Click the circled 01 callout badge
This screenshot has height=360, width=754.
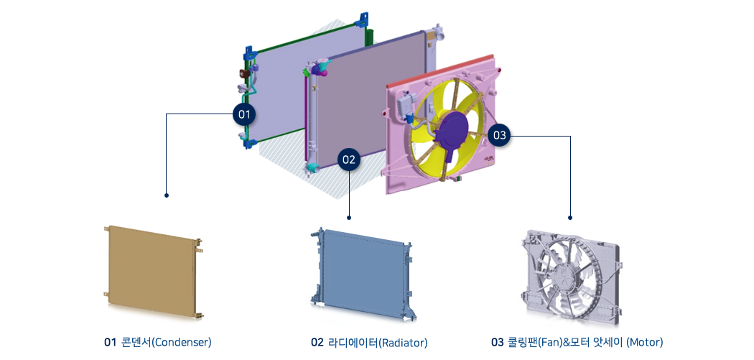pyautogui.click(x=244, y=114)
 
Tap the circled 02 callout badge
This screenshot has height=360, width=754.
pyautogui.click(x=349, y=160)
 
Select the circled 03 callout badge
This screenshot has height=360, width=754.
pyautogui.click(x=500, y=136)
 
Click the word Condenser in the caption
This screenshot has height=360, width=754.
pyautogui.click(x=184, y=343)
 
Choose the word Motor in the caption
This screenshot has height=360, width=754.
pyautogui.click(x=646, y=343)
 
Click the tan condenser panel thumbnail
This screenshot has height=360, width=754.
pyautogui.click(x=154, y=271)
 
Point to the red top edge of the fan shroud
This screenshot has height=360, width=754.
pyautogui.click(x=439, y=70)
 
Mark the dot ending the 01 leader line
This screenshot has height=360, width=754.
pyautogui.click(x=167, y=195)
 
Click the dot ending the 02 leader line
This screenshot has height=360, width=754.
pyautogui.click(x=349, y=218)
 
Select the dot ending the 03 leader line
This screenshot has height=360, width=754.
pyautogui.click(x=570, y=218)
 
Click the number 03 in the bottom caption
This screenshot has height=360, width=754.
pyautogui.click(x=497, y=343)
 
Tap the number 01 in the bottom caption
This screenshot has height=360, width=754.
pyautogui.click(x=110, y=343)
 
